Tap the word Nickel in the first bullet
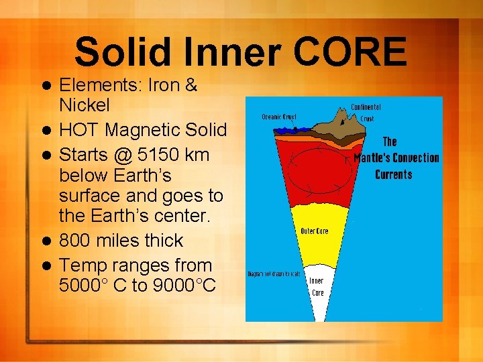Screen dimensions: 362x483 85,105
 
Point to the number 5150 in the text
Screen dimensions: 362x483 158,154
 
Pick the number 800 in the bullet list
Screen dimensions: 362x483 73,240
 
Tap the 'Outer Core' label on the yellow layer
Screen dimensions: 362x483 314,231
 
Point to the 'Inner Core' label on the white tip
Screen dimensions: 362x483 317,287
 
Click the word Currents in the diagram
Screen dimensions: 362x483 393,174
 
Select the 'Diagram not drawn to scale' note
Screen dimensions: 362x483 274,274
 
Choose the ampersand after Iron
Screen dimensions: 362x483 190,86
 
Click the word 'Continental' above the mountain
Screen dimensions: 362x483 366,107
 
